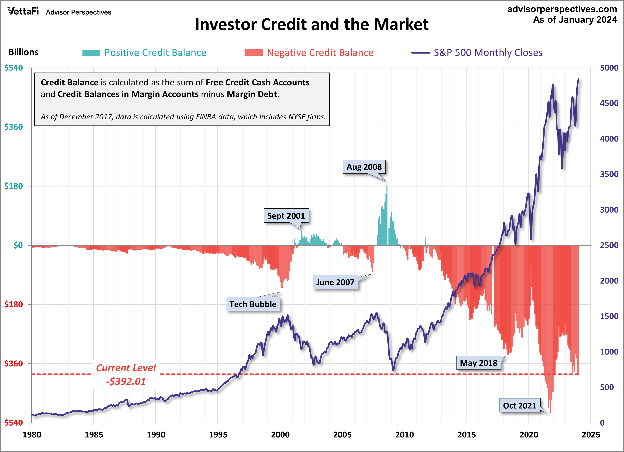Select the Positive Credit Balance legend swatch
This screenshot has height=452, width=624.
click(x=91, y=53)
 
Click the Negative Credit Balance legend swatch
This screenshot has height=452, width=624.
click(x=253, y=53)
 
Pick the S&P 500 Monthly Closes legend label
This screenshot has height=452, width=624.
click(x=488, y=53)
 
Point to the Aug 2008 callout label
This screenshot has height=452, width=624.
click(x=364, y=167)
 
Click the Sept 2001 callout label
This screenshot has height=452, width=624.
click(x=286, y=216)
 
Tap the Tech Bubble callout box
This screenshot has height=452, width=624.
click(x=253, y=304)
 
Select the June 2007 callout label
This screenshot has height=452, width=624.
click(x=335, y=282)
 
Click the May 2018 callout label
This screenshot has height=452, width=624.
click(x=479, y=363)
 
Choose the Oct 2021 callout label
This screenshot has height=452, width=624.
click(x=520, y=406)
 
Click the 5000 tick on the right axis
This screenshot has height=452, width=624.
click(x=609, y=68)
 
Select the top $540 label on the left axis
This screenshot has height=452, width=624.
click(x=13, y=68)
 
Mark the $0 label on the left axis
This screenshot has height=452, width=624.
click(x=18, y=245)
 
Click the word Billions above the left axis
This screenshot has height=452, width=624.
click(x=23, y=52)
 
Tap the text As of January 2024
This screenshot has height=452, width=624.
click(x=575, y=20)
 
